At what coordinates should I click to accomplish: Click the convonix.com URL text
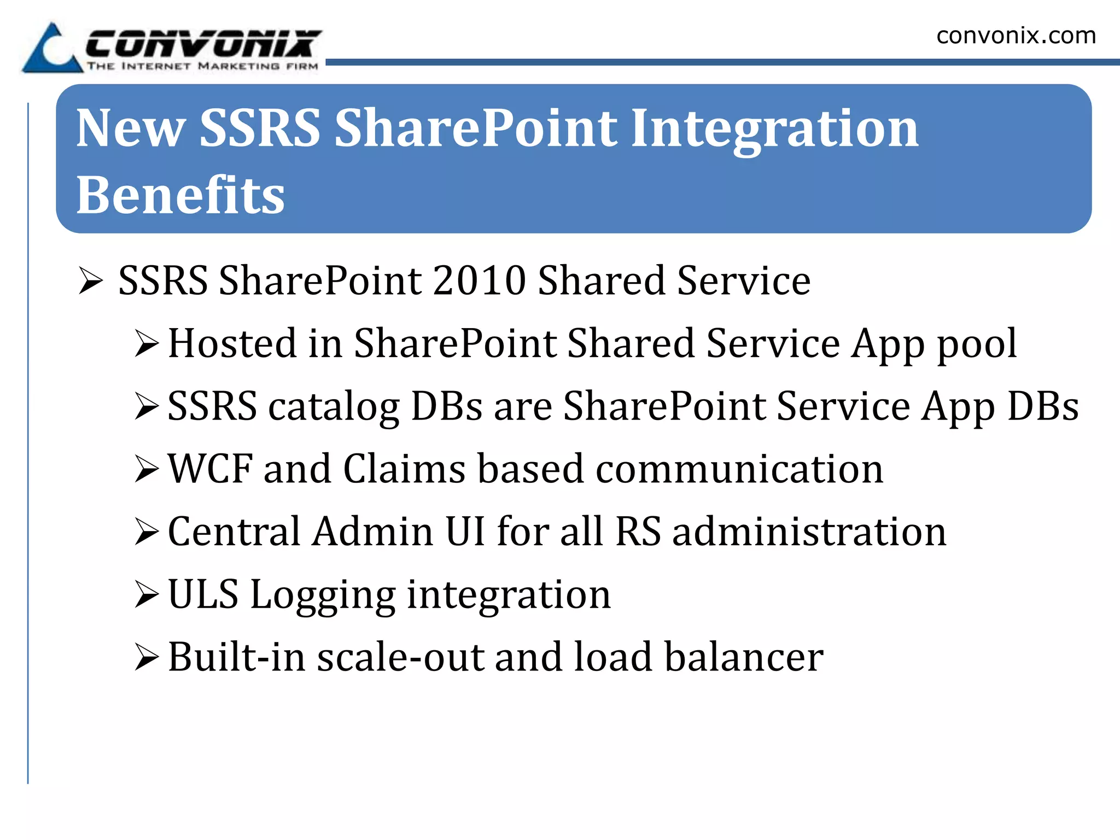1016,36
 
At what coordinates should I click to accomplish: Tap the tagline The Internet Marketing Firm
202,66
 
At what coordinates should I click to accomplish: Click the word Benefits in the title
180,195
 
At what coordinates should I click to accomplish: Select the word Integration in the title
774,129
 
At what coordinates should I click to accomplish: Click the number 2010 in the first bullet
479,281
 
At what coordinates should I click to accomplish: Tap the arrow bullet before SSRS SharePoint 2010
91,281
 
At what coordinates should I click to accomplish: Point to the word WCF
210,469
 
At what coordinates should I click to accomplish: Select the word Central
234,532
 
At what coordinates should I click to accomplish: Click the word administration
809,532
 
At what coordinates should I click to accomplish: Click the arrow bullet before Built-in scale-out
147,657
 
